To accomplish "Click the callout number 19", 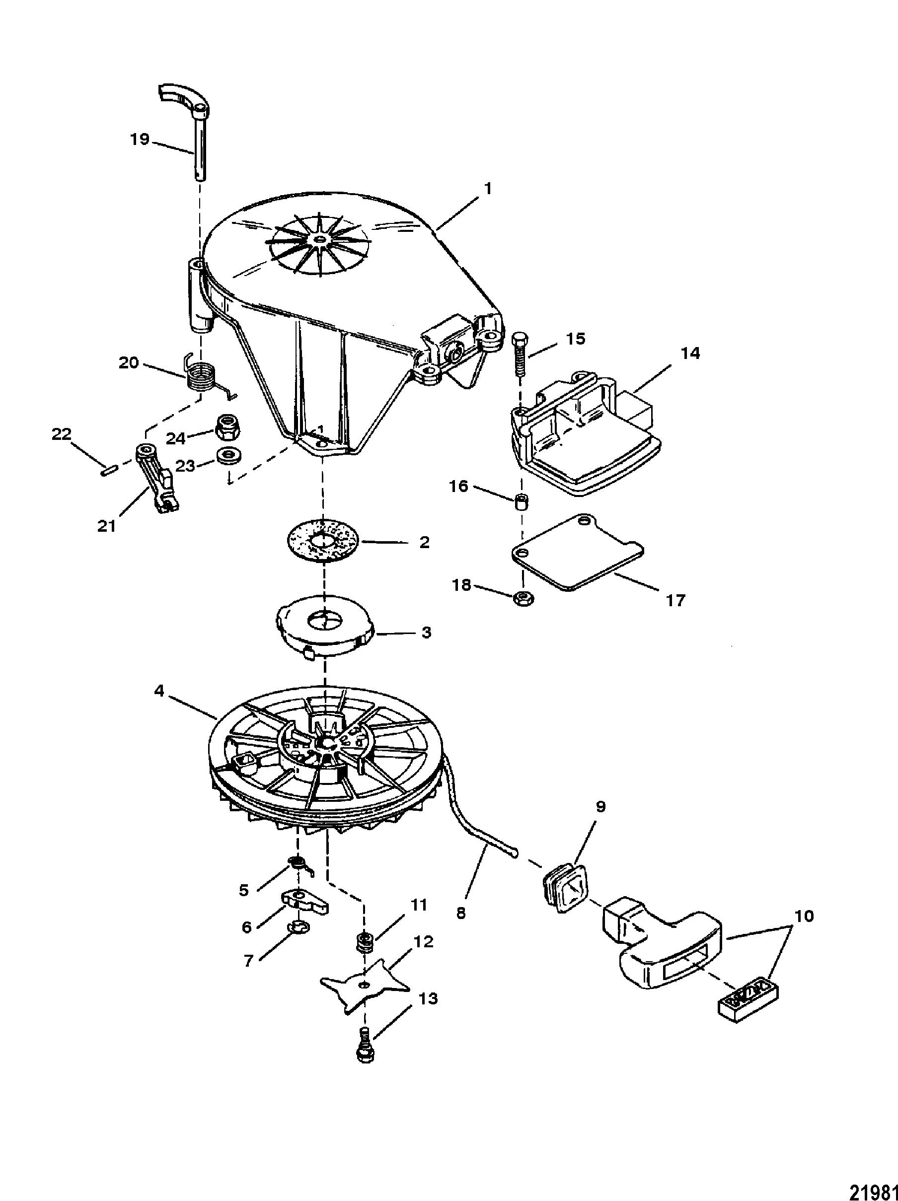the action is pyautogui.click(x=140, y=139).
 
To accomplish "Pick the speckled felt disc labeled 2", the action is pyautogui.click(x=323, y=542).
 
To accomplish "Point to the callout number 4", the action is pyautogui.click(x=158, y=692).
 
